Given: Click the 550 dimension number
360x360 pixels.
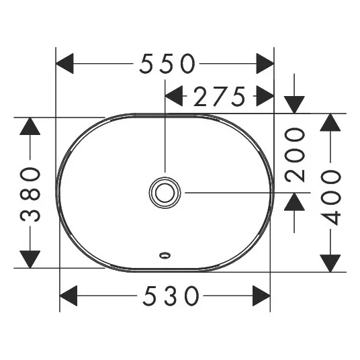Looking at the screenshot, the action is [167, 63].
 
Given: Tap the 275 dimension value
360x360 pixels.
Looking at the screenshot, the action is [220, 97].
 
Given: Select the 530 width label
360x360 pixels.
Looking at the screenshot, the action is [171, 296].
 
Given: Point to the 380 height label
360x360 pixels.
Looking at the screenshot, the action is [30, 194].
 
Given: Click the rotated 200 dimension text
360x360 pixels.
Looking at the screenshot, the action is [295, 155].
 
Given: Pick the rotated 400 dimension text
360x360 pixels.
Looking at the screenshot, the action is [330, 198].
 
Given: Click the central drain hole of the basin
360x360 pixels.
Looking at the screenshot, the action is [165, 193].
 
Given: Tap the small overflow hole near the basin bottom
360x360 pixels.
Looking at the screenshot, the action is [165, 255].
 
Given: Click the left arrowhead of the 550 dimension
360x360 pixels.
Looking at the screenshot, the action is [64, 63].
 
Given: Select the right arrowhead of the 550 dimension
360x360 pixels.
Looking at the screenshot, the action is [265, 63].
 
